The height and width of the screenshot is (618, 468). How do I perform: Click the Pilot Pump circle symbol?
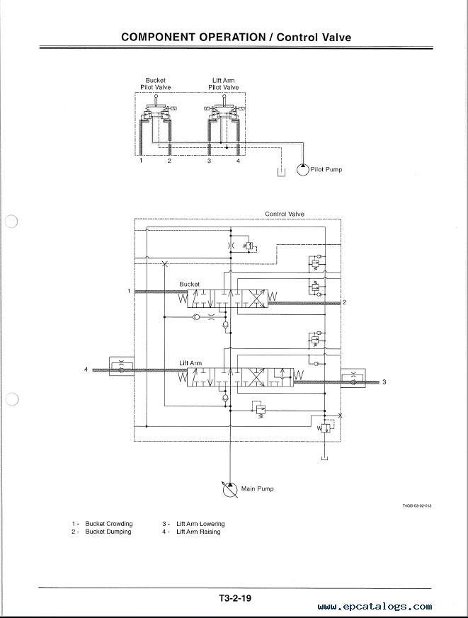303,169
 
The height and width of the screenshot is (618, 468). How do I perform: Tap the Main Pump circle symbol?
230,489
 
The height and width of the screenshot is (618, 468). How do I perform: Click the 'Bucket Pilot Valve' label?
156,84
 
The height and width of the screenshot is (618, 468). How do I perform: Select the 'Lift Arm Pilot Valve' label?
224,84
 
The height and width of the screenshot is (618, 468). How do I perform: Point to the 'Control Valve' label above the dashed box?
285,214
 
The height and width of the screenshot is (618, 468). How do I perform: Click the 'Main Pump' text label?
257,488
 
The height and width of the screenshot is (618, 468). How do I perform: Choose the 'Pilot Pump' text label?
326,169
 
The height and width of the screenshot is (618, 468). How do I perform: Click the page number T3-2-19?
235,598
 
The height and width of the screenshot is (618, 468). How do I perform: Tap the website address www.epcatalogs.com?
375,606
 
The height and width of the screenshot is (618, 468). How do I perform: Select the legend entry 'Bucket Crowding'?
109,524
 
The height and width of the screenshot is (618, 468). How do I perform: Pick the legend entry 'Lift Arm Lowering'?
200,524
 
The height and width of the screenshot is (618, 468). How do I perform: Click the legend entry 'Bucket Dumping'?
108,532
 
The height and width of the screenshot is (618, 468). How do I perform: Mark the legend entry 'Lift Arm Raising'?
198,532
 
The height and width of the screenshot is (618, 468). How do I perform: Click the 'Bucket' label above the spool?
189,284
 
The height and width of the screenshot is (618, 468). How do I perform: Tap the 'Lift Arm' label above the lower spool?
190,363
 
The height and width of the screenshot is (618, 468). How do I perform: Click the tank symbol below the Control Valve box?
324,458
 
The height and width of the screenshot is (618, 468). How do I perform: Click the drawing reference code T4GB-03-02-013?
417,505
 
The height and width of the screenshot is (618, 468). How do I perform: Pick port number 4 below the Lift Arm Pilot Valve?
238,161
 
